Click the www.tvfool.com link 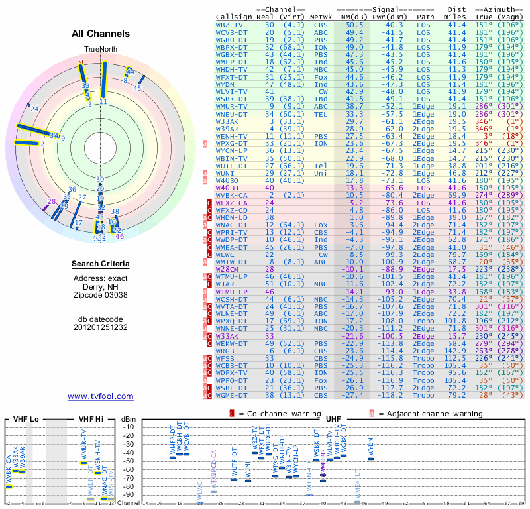pyautogui.click(x=101, y=396)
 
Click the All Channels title pyautogui.click(x=101, y=34)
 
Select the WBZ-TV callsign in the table pyautogui.click(x=229, y=24)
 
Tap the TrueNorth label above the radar pyautogui.click(x=100, y=50)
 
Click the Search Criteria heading pyautogui.click(x=101, y=264)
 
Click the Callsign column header pyautogui.click(x=234, y=16)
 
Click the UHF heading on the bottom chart pyautogui.click(x=333, y=419)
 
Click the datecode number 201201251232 pyautogui.click(x=101, y=327)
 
